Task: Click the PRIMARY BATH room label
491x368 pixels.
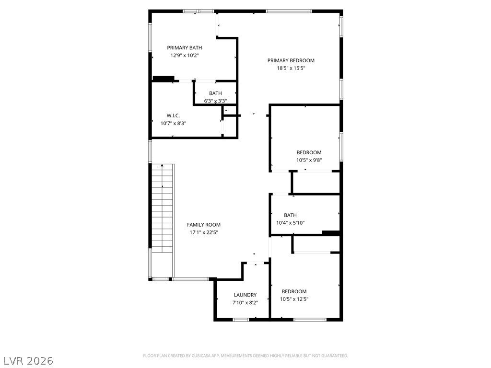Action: (185, 48)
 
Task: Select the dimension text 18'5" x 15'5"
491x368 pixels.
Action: (291, 68)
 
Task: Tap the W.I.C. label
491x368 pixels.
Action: (173, 116)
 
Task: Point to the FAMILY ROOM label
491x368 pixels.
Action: (204, 225)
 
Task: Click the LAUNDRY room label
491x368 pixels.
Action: (245, 295)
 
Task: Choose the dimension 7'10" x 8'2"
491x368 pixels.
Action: (245, 303)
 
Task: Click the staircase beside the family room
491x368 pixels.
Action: (162, 208)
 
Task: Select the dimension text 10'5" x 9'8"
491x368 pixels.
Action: (309, 160)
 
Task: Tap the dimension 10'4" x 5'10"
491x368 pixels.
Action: (290, 223)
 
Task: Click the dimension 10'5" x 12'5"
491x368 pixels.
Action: (294, 299)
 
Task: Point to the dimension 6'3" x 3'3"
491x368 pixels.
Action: (215, 101)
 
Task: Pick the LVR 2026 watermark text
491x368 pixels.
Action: (27, 360)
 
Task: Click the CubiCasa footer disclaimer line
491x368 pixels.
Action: (245, 356)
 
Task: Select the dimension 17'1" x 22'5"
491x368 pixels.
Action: (204, 232)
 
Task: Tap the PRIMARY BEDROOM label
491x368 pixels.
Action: (291, 60)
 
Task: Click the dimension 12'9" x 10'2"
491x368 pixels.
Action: (185, 56)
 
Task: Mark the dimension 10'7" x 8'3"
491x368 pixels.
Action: (173, 123)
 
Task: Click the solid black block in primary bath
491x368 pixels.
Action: (163, 79)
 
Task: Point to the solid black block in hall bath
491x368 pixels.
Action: (331, 233)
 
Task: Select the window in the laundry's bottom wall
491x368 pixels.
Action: (241, 320)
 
